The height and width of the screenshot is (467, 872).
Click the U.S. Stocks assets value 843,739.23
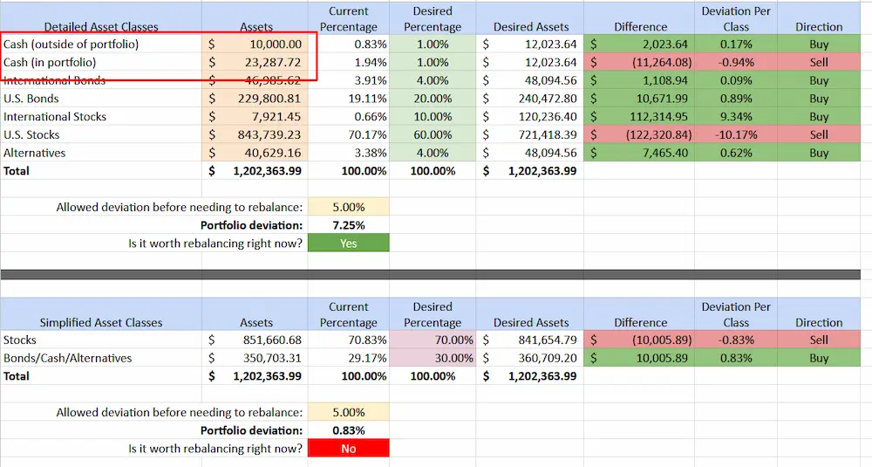(266, 134)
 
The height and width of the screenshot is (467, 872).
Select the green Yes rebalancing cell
(348, 244)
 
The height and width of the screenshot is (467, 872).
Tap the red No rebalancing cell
(348, 448)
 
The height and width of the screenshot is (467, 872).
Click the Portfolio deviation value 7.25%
(348, 225)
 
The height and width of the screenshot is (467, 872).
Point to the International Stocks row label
(55, 116)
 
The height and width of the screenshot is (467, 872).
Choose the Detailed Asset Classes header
(101, 27)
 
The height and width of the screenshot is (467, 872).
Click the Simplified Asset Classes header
(101, 322)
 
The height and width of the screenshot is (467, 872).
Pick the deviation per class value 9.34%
(736, 116)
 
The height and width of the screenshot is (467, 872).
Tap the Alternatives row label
(34, 153)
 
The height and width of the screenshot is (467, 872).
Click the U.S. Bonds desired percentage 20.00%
(433, 99)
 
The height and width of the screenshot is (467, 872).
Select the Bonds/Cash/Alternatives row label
(68, 358)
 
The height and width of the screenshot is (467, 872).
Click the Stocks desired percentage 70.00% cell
(433, 340)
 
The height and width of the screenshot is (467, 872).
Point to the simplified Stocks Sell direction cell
(818, 340)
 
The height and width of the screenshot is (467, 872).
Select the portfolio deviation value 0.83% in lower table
(348, 430)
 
